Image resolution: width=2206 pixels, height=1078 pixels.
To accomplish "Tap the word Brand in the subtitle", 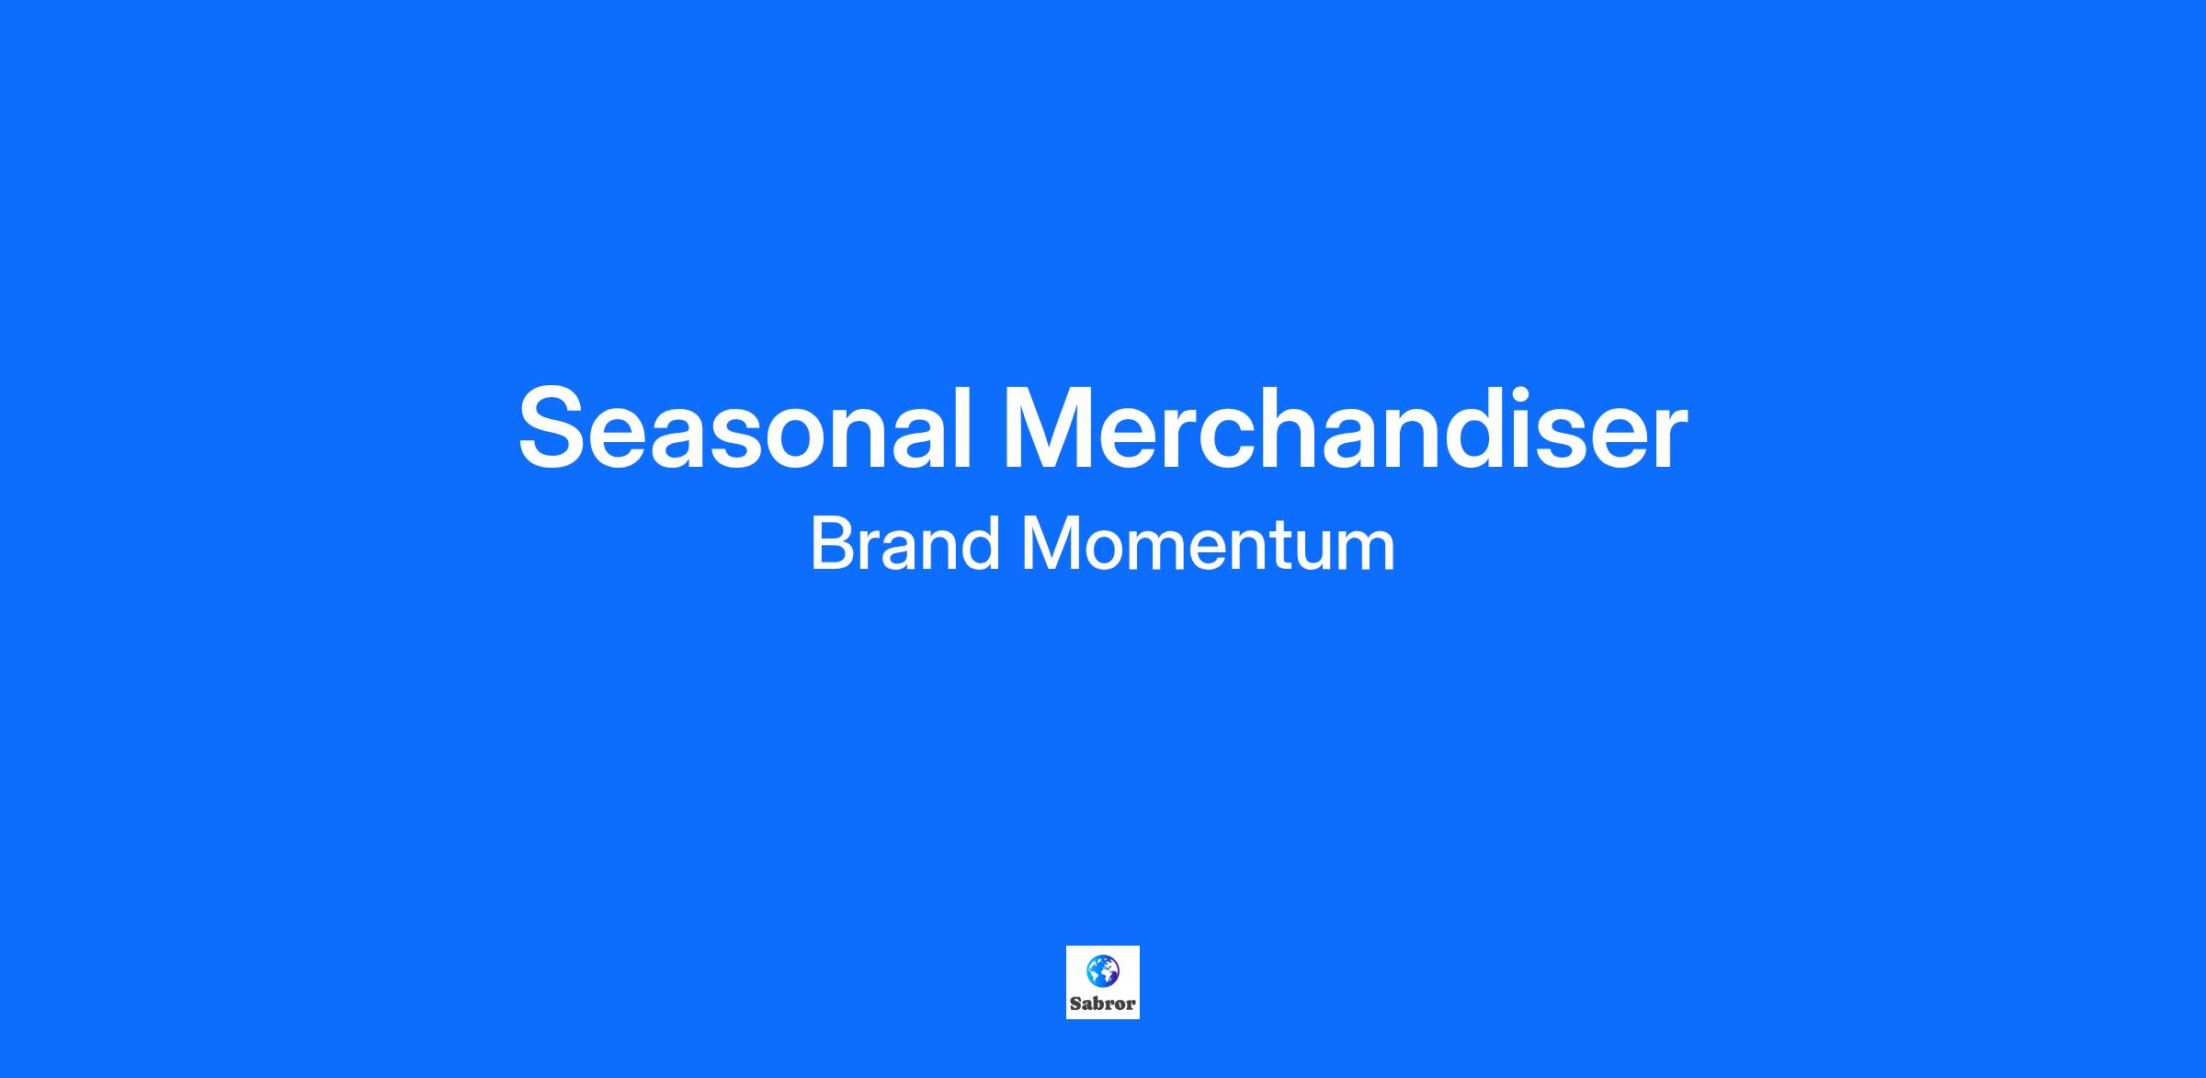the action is (905, 543).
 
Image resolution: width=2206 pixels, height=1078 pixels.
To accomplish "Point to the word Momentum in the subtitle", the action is (1209, 543).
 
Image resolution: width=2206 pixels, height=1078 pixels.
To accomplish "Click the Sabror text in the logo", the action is (1102, 1004).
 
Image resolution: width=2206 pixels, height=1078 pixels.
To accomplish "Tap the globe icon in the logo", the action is (1102, 970).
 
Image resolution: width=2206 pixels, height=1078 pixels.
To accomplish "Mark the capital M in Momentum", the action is (1052, 543).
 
